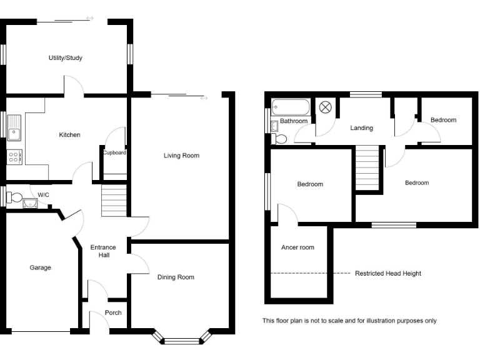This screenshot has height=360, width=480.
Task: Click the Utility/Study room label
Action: pos(66,58)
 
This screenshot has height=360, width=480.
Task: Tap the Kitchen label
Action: pos(69,135)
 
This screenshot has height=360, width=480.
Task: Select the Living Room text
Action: pos(181,156)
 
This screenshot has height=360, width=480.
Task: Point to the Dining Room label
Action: pos(176,277)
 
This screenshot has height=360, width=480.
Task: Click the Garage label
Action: pos(40,267)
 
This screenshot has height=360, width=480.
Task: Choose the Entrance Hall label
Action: pos(103,251)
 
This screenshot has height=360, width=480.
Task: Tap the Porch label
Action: pos(113,313)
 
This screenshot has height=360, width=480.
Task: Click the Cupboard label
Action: pos(114,153)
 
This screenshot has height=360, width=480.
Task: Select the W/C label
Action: pos(43,195)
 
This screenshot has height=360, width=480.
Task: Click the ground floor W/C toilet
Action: pos(14,198)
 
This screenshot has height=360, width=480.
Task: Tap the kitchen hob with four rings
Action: pos(13,157)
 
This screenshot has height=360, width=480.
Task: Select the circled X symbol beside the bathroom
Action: pos(326,107)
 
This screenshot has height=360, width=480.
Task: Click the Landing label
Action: pos(361,128)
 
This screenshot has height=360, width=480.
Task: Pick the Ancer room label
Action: pos(297,247)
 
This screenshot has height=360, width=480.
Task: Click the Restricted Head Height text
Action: pos(387,274)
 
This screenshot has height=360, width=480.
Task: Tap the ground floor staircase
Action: pos(114,200)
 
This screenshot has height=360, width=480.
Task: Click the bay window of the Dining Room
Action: pos(184,341)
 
